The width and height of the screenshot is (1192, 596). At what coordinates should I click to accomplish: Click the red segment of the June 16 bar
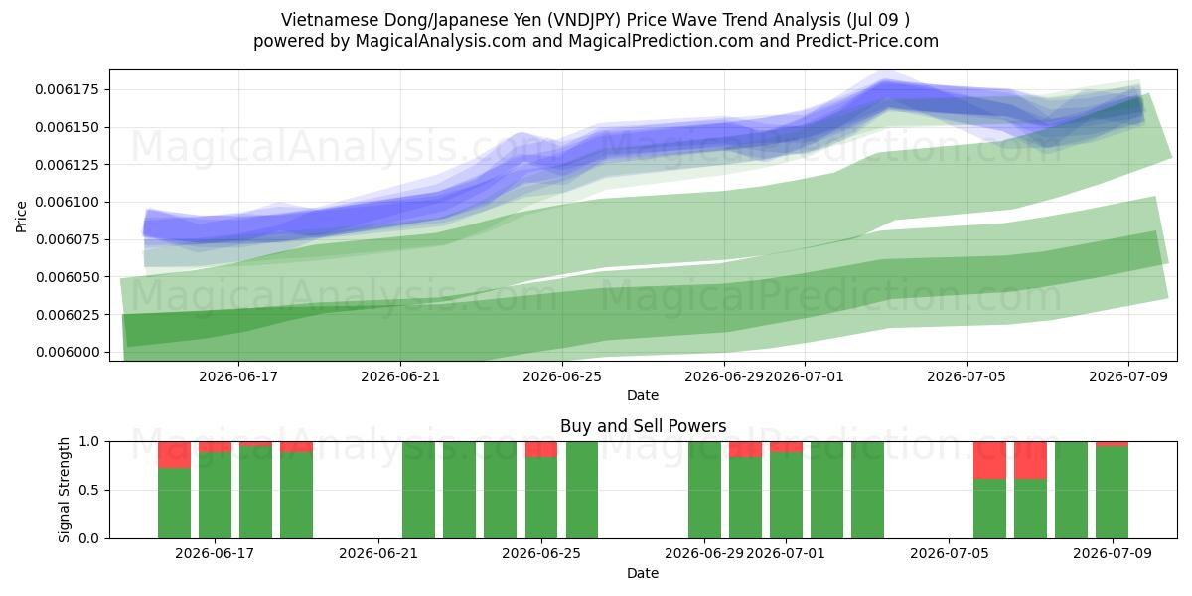[x=174, y=455]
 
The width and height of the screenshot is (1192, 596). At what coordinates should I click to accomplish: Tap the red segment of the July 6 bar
[x=989, y=460]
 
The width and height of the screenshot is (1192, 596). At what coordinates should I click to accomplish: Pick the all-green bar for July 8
[x=1071, y=490]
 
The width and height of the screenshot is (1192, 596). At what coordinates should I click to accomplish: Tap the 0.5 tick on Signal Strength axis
[x=88, y=490]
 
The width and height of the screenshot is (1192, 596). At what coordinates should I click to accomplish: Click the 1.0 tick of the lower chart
[x=88, y=442]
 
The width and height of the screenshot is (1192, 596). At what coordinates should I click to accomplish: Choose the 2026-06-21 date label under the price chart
[x=400, y=377]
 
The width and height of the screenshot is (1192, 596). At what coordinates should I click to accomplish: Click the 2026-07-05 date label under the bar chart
[x=950, y=554]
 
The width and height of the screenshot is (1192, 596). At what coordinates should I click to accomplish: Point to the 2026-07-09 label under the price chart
[x=1128, y=377]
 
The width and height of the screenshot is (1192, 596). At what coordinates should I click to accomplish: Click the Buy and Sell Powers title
[x=643, y=426]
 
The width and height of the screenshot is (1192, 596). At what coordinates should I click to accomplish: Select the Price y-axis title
[x=21, y=217]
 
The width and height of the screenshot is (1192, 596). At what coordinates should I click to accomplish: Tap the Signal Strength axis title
[x=64, y=490]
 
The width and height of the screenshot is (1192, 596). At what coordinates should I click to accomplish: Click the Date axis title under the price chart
[x=643, y=395]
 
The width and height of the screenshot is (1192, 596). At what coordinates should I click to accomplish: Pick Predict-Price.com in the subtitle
[x=867, y=41]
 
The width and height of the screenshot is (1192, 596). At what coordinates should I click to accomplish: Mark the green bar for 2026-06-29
[x=704, y=490]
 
